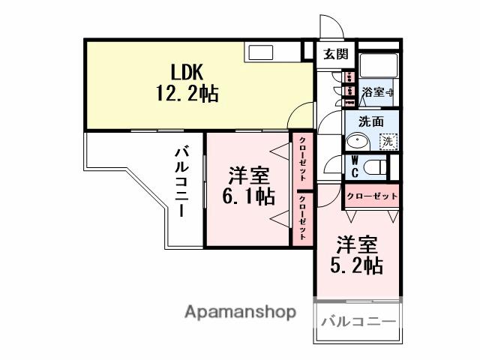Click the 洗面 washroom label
point(370,121)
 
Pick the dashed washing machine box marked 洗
point(388,140)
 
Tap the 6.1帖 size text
point(250,196)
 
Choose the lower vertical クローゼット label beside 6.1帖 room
point(302,217)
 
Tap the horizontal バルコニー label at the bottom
point(358,322)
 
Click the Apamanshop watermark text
point(240,312)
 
